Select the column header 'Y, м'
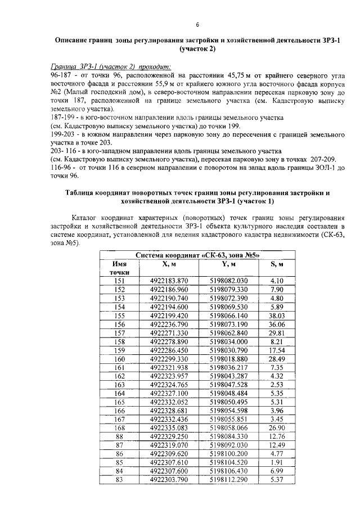[228, 264]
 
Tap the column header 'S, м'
[275, 264]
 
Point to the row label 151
[119, 281]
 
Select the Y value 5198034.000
[228, 341]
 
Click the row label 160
[119, 359]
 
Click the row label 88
[119, 436]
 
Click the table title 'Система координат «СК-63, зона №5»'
[197, 255]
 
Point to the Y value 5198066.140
[228, 317]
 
